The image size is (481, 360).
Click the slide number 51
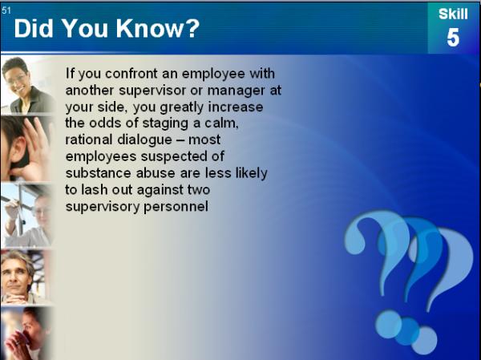6,10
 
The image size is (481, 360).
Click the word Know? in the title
158,29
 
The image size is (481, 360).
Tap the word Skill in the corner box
453,14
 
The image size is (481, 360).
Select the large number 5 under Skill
453,38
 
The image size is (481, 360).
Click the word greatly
181,107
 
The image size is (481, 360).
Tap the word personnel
176,207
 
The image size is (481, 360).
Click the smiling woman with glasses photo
27,85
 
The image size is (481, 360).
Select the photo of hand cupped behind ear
26,149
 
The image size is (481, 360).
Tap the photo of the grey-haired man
25,277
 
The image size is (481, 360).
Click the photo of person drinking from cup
26,334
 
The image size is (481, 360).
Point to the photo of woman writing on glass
26,215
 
